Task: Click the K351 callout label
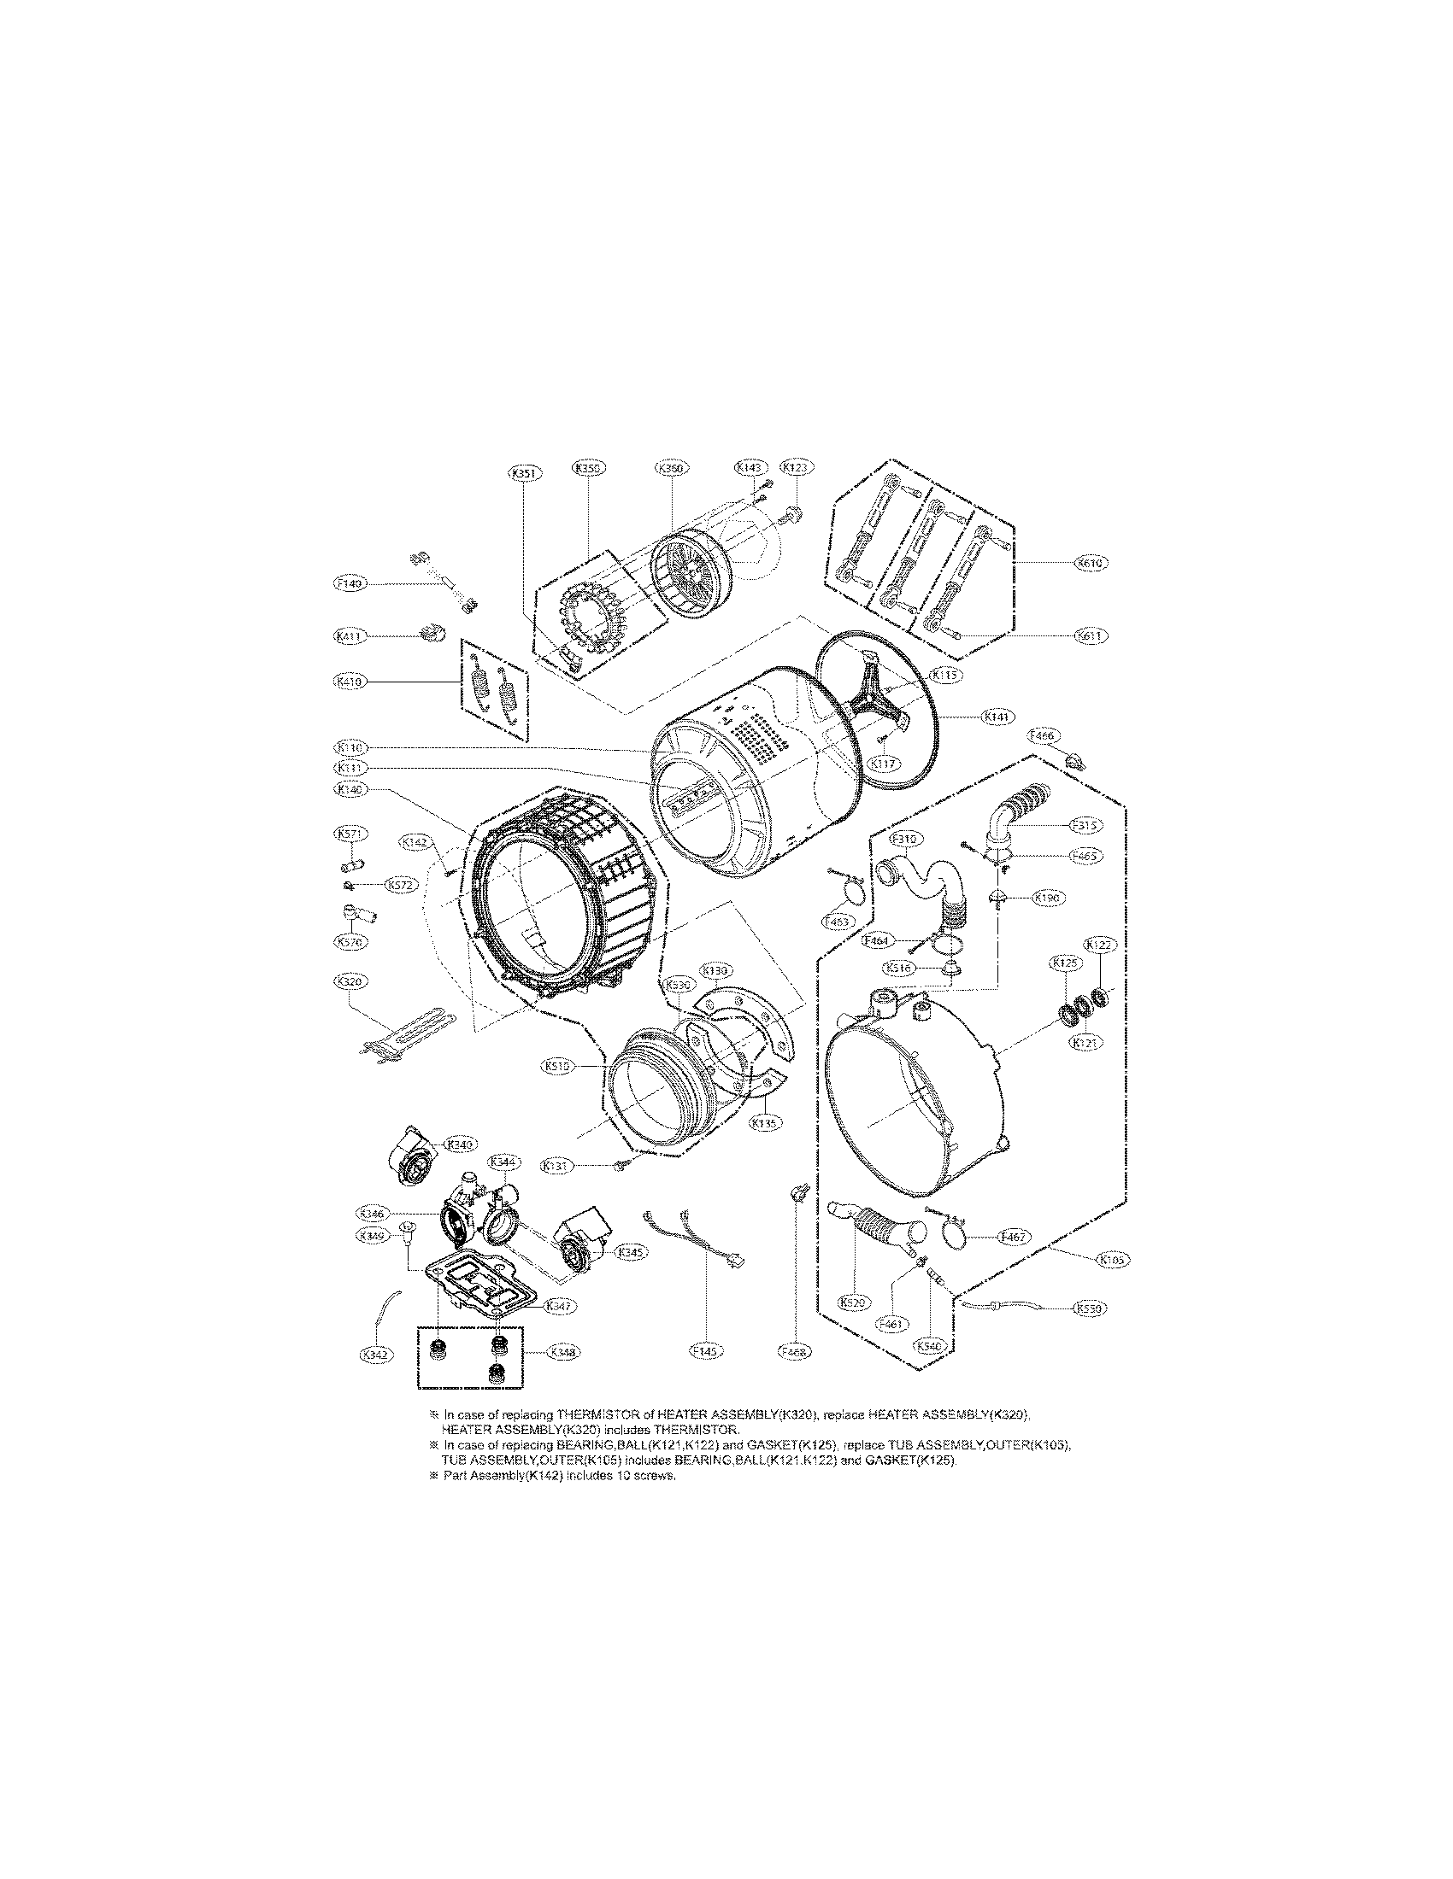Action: click(x=522, y=472)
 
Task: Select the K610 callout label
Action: click(x=1091, y=563)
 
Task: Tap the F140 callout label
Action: click(x=350, y=583)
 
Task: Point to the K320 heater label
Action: click(x=349, y=980)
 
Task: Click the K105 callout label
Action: click(x=1112, y=1260)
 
